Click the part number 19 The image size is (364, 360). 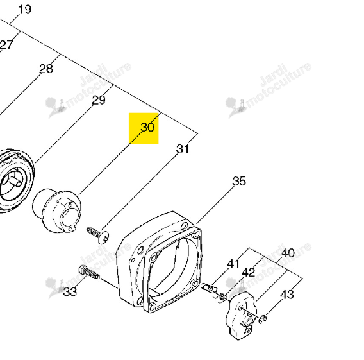(24, 10)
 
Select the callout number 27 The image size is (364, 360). (6, 45)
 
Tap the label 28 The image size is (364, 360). (46, 69)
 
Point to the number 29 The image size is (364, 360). (99, 100)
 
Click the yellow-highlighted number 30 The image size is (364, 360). (147, 127)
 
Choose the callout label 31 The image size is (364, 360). (183, 149)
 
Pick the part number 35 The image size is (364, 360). (239, 181)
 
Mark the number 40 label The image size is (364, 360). (288, 253)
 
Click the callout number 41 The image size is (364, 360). (233, 264)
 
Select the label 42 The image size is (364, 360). (249, 272)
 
